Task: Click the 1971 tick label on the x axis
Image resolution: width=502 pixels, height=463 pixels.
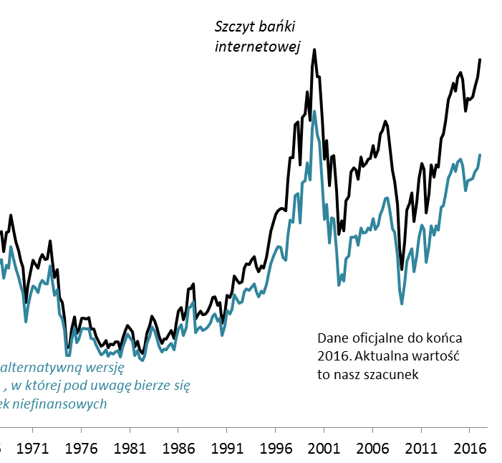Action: point(32,448)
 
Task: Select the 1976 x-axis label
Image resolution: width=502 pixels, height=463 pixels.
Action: point(81,448)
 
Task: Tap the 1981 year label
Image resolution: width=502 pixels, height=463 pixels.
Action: point(130,448)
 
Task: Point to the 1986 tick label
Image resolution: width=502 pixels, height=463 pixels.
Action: point(178,448)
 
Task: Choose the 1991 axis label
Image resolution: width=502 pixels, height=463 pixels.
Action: point(227,448)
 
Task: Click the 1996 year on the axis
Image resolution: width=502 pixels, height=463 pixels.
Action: point(276,448)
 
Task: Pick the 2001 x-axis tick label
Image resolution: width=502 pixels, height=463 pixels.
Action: point(324,448)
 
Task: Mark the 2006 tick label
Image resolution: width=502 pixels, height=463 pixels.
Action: point(373,448)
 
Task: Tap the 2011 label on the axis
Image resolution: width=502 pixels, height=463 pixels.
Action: point(421,448)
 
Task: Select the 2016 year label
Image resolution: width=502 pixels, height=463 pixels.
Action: point(470,448)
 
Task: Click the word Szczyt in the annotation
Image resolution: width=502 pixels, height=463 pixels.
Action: point(237,27)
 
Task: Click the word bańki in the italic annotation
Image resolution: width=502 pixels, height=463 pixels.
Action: point(280,27)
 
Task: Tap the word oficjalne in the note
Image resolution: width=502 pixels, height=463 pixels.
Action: point(379,338)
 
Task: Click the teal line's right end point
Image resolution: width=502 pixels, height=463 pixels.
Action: point(480,155)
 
